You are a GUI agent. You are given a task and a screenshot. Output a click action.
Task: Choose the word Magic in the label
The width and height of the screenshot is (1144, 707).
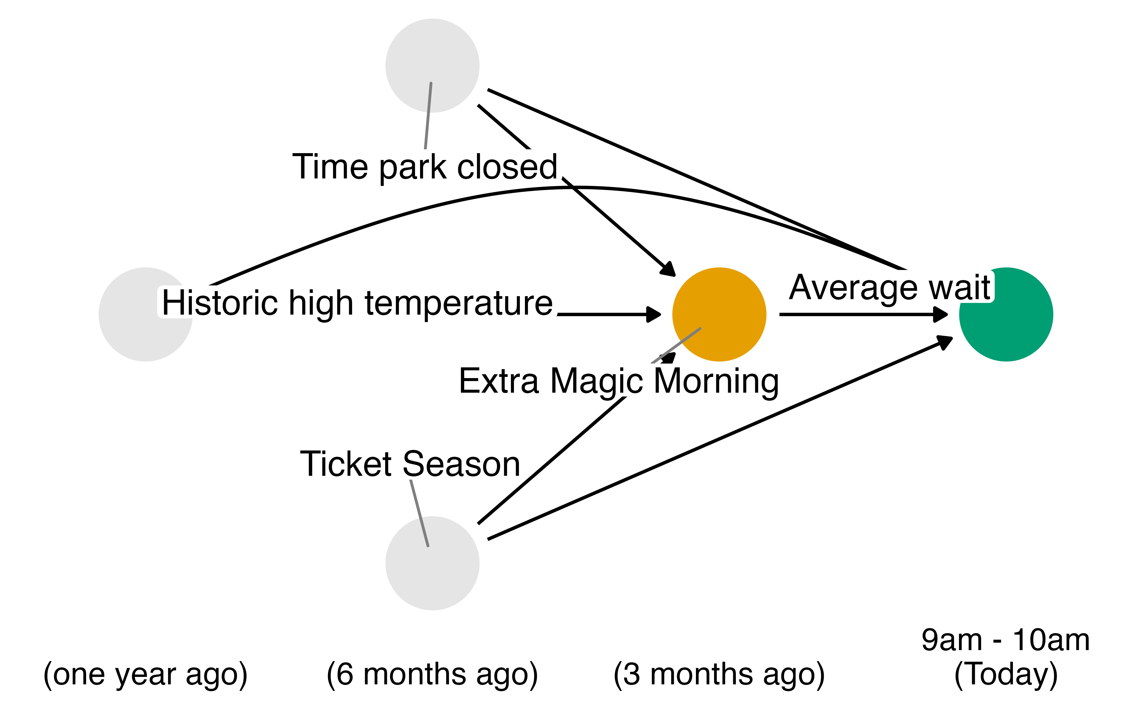[596, 381]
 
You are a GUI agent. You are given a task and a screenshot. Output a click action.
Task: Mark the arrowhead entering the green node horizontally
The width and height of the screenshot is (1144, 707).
[940, 314]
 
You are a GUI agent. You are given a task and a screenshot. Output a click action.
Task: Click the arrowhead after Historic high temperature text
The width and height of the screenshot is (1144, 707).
[653, 314]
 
